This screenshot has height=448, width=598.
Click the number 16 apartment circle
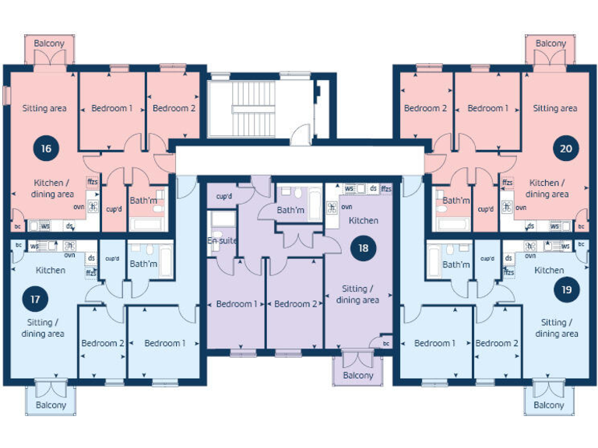(47, 148)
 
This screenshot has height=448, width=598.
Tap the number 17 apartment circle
(35, 298)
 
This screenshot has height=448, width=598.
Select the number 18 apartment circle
(363, 249)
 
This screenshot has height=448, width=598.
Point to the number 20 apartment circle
(565, 148)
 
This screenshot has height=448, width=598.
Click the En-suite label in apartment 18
(222, 241)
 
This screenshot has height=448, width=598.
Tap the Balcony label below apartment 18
(358, 376)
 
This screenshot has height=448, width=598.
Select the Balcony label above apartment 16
(50, 44)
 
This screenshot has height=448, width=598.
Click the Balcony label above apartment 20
(551, 44)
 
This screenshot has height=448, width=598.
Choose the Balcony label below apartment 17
(51, 405)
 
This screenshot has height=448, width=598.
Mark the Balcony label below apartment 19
(549, 405)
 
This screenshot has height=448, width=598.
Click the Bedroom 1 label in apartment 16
(112, 108)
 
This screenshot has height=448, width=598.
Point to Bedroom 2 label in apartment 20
(425, 108)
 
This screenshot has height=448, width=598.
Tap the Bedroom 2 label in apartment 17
(103, 343)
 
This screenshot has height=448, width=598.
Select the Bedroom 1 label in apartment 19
(434, 343)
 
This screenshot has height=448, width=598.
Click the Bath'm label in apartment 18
(290, 210)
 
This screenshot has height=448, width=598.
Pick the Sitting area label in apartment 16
(44, 108)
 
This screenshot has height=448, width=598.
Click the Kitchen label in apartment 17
(51, 271)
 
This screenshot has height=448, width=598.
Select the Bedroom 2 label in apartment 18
(295, 304)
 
